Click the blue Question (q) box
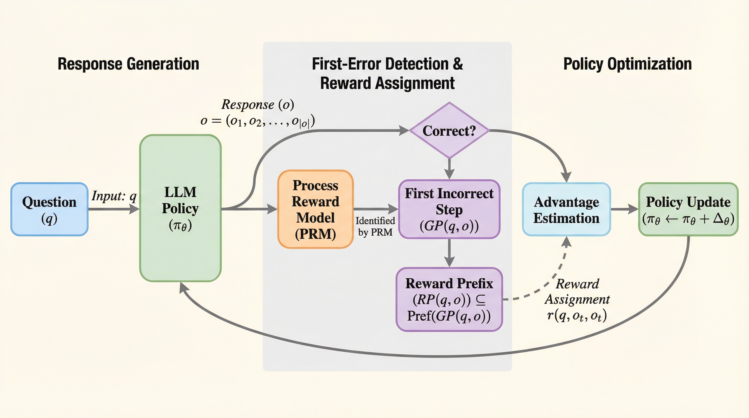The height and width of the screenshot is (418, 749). pos(50,209)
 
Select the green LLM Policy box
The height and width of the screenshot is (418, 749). pos(180,208)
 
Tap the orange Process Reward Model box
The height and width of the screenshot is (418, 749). pos(315,209)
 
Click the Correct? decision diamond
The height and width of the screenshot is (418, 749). pos(449,131)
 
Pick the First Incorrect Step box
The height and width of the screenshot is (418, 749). pos(449,209)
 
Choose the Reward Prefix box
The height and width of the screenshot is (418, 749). pos(449,299)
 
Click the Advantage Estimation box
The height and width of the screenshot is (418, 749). pos(566,209)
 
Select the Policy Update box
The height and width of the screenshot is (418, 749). pos(688,209)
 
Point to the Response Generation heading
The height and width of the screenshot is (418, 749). pos(128,64)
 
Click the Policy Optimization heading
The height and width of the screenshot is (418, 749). pos(627,64)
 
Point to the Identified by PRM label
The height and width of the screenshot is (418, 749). pos(375,226)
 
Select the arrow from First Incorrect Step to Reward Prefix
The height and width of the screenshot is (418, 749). pos(450,253)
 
